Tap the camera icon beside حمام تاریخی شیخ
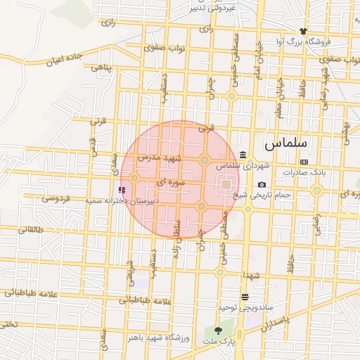point(262,184)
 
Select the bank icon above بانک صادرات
point(303,162)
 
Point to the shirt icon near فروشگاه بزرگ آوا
point(303,31)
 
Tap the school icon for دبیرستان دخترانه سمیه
point(122,189)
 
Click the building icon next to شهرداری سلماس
point(243,155)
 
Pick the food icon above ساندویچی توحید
point(244,297)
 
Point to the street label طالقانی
point(30,229)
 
